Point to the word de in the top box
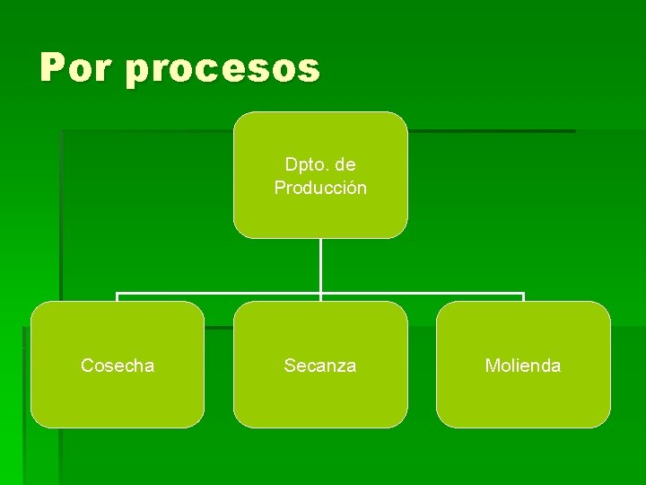point(345,164)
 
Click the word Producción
point(320,188)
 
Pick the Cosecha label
point(118,366)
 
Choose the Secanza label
point(320,366)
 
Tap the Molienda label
point(523,366)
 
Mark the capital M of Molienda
point(492,366)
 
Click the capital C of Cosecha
point(87,366)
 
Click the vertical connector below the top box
point(320,265)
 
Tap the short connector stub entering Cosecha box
point(118,297)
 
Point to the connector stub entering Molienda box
point(523,297)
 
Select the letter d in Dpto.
point(291,164)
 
